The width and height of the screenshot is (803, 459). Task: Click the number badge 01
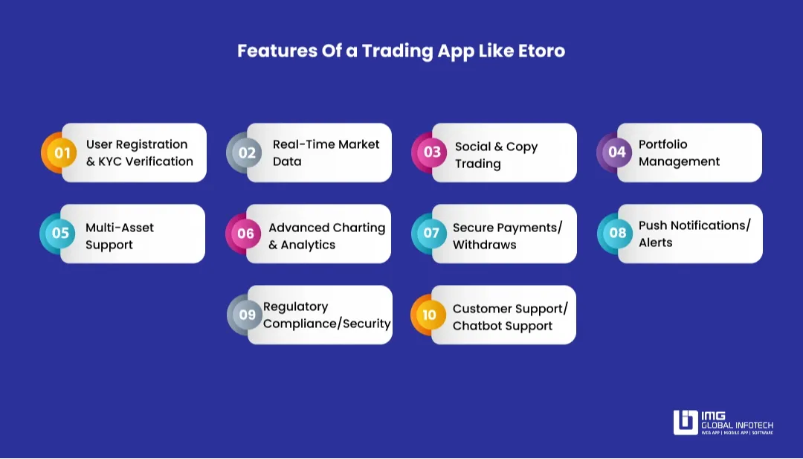(62, 153)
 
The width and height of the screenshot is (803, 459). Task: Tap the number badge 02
(247, 153)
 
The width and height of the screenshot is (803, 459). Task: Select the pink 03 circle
(432, 153)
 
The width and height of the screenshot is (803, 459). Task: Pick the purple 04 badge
(617, 153)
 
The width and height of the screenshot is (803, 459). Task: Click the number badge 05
(60, 234)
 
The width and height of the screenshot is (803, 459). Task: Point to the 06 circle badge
(245, 234)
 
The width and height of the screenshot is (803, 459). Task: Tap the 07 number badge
(431, 234)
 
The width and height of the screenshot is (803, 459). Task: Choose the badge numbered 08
(618, 234)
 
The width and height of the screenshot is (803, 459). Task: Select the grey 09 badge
(247, 315)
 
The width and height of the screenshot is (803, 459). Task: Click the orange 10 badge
(430, 315)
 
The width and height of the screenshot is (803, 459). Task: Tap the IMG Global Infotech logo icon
(686, 422)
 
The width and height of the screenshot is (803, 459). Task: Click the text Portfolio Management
(679, 153)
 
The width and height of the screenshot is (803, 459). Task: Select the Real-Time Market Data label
(326, 153)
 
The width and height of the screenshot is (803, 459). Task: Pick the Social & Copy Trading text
(496, 155)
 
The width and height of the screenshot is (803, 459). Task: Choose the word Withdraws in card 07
(484, 245)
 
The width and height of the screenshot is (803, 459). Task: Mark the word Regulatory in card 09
(295, 306)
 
